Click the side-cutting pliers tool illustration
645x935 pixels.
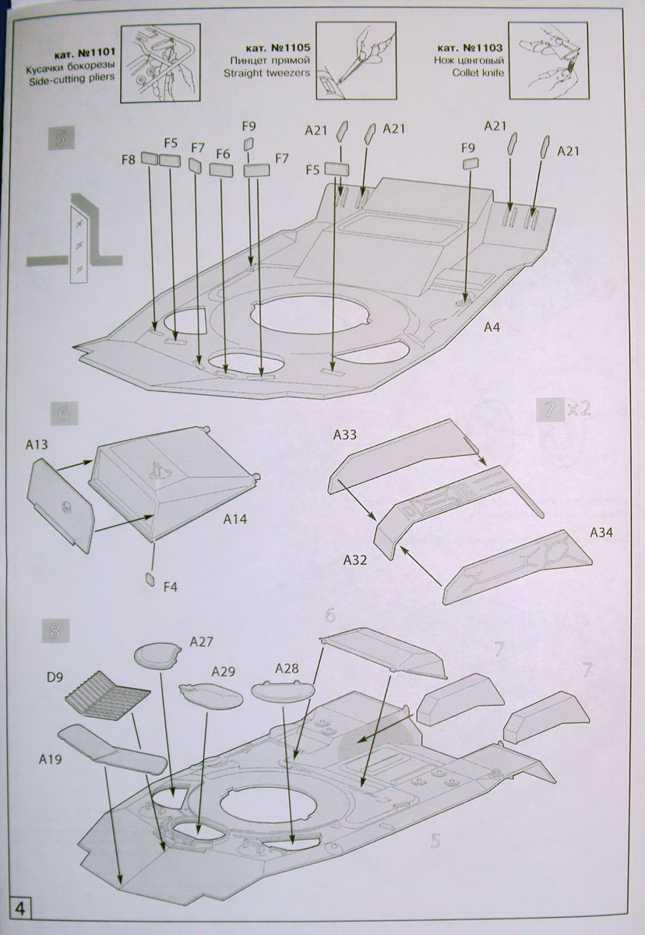tap(161, 62)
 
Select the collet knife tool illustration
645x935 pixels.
tap(546, 62)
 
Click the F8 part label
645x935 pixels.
tap(129, 160)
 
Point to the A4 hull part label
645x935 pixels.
tap(491, 328)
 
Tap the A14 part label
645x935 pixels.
tap(234, 518)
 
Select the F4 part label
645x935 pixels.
tap(171, 587)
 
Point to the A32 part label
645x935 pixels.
tap(354, 559)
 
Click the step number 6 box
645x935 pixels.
tap(63, 415)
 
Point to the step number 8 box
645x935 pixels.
tap(54, 630)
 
